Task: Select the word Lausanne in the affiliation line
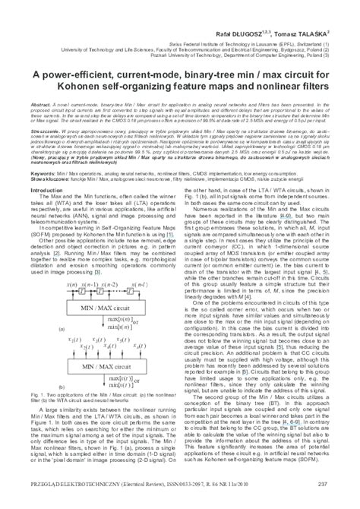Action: click(238, 23)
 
